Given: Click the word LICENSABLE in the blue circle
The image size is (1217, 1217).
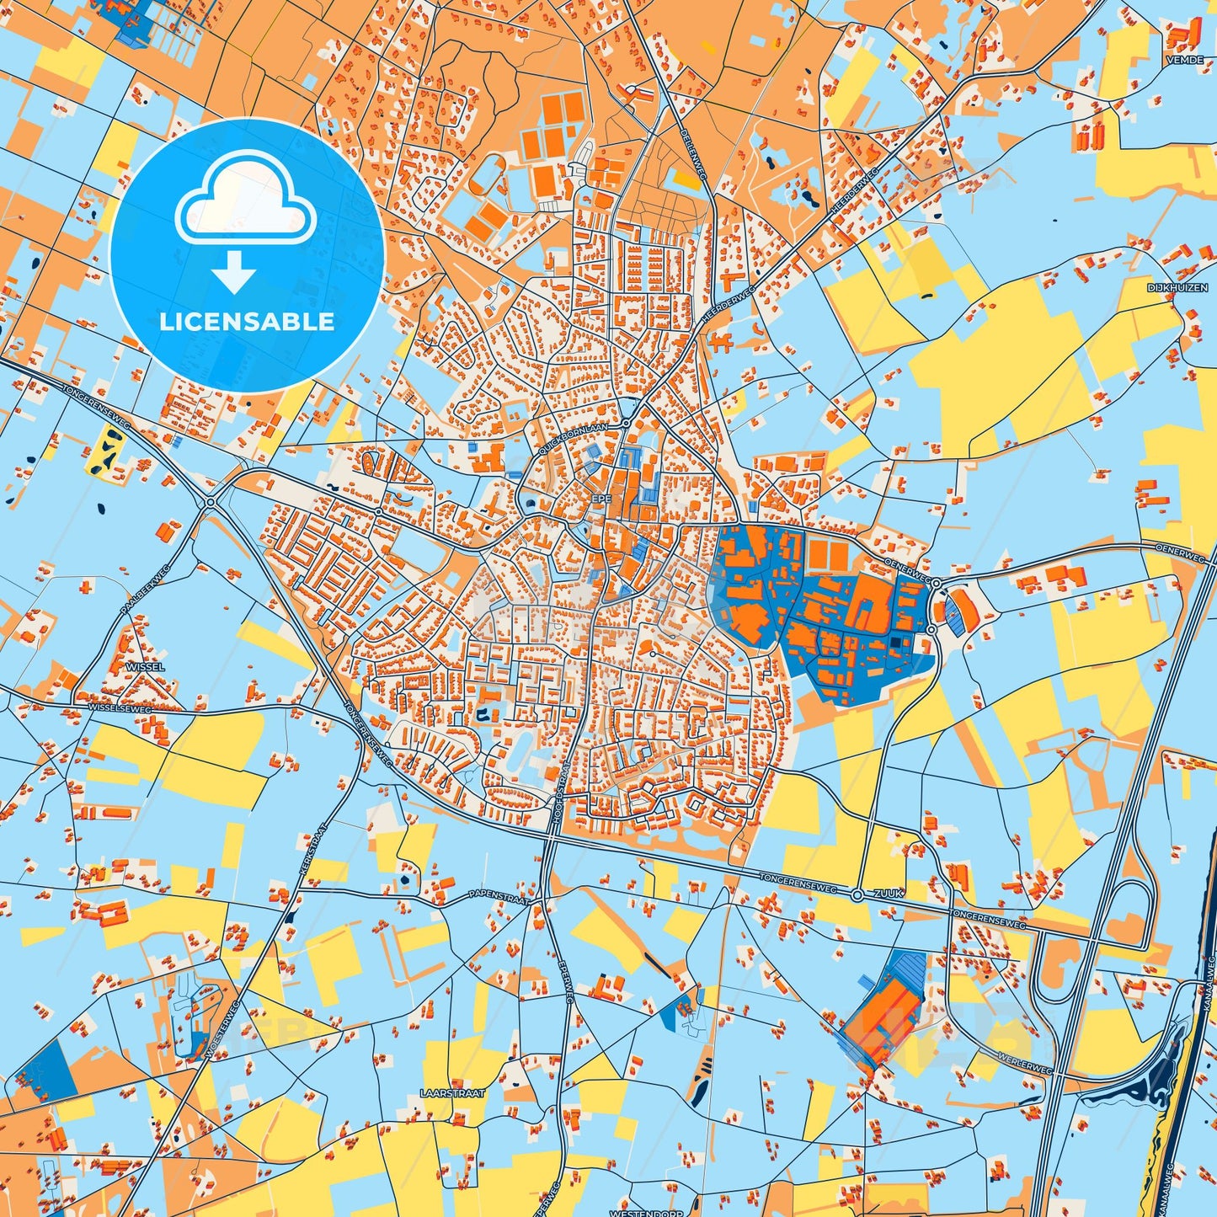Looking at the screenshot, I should tap(247, 322).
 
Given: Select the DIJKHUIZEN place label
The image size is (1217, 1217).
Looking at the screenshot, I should tap(1177, 288).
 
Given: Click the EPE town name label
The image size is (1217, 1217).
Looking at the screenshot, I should tap(600, 499).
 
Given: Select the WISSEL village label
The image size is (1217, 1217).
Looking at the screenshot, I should tap(145, 666).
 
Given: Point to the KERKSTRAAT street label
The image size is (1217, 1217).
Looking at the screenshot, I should tap(312, 850).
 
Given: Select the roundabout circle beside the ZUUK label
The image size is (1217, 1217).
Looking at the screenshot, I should tap(857, 894).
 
